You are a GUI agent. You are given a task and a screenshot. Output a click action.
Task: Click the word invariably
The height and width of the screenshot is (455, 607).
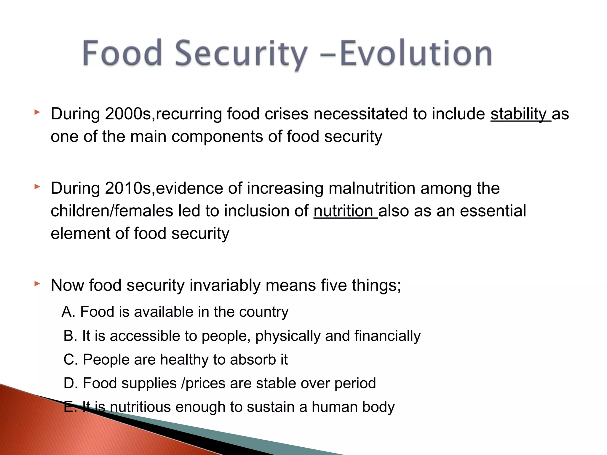(225, 286)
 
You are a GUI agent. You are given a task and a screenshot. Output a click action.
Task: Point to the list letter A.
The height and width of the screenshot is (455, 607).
(68, 312)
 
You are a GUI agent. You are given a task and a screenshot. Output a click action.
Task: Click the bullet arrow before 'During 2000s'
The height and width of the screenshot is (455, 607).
(37, 112)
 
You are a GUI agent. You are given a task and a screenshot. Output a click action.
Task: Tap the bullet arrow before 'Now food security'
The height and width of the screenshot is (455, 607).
(37, 284)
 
